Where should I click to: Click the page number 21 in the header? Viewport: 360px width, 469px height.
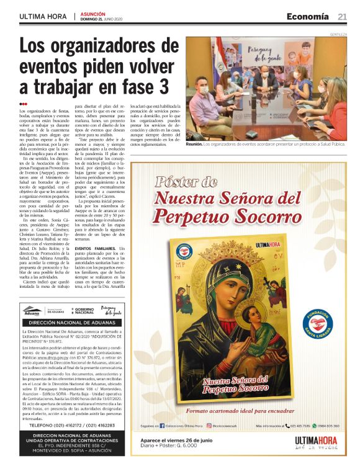(342, 16)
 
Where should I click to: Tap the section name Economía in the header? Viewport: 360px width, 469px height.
(308, 16)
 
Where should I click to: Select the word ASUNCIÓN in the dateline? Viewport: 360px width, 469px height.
(92, 13)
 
